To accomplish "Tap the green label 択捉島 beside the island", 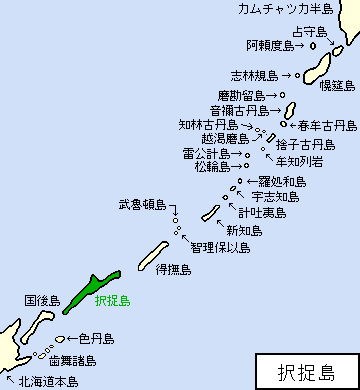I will pos(112,298).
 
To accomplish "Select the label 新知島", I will pos(244,230).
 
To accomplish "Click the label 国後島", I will pos(42,299).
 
